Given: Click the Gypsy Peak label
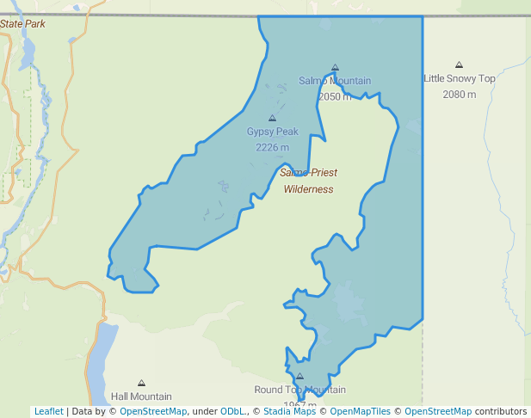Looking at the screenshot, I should [272, 132].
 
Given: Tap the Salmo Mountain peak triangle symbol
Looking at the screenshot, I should [335, 67].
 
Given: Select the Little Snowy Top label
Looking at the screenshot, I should [459, 78].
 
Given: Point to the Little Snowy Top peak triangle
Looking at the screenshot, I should [459, 65].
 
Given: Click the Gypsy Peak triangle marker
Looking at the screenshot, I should [272, 118].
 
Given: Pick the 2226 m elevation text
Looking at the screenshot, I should [272, 147].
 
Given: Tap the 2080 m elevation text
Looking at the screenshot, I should [459, 94].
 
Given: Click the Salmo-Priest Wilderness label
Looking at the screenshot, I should [308, 181].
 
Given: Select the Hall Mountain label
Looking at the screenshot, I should [141, 396].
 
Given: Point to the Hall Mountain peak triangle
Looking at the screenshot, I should [141, 383].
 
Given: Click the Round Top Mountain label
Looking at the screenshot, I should [299, 390].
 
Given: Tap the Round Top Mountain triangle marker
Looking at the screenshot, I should [299, 376].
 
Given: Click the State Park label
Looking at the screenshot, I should [22, 24].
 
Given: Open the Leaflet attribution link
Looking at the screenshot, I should [48, 411].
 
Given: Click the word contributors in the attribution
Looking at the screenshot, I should [501, 411].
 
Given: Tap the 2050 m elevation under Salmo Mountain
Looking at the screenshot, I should [335, 96].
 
